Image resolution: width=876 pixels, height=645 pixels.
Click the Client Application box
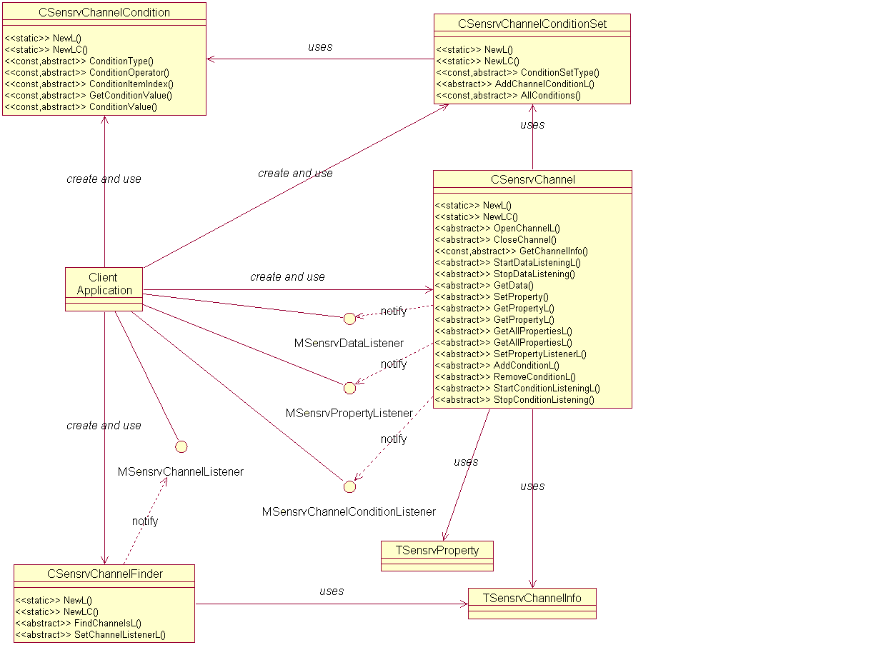pos(104,284)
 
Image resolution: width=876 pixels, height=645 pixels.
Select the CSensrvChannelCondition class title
pos(104,12)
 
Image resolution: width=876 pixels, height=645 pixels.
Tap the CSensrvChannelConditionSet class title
pos(532,24)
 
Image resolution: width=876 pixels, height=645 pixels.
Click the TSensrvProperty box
pos(437,550)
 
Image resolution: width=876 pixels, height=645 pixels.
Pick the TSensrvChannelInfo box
pos(532,598)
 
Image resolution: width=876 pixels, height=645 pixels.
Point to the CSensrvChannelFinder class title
pos(104,574)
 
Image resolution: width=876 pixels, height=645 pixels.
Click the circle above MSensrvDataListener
pos(349,319)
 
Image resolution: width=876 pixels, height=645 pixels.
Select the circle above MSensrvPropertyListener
pos(349,388)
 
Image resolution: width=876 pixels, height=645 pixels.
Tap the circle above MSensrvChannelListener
pos(181,446)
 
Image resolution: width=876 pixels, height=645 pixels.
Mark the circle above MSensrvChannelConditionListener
pos(349,486)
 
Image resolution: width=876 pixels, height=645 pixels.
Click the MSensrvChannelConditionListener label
pos(349,511)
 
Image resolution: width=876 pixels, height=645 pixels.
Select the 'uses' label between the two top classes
pos(320,47)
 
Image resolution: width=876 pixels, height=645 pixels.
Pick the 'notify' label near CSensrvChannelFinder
pos(145,521)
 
